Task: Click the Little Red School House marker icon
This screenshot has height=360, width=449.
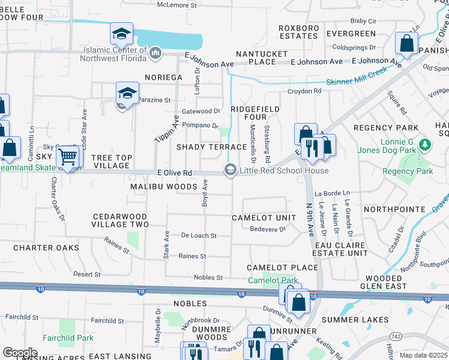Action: pyautogui.click(x=230, y=170)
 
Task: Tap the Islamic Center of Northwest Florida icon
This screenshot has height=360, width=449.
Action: pyautogui.click(x=155, y=53)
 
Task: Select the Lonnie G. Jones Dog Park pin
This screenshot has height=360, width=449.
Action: pyautogui.click(x=426, y=145)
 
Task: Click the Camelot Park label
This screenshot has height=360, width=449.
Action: pyautogui.click(x=273, y=280)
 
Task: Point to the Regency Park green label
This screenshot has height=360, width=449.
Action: pyautogui.click(x=416, y=171)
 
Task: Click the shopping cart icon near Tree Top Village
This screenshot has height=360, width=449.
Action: pyautogui.click(x=68, y=157)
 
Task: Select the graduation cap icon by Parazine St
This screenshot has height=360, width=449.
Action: pyautogui.click(x=127, y=93)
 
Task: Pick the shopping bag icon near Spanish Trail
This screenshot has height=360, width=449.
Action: pyautogui.click(x=407, y=44)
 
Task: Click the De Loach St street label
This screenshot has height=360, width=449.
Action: pyautogui.click(x=198, y=236)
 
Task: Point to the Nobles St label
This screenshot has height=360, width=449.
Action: pyautogui.click(x=208, y=278)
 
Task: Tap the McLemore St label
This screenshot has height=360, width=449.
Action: pyautogui.click(x=177, y=5)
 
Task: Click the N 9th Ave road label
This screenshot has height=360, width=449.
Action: pyautogui.click(x=310, y=218)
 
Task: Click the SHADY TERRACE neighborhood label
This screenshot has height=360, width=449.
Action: pyautogui.click(x=211, y=147)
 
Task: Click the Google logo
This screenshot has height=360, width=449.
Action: pyautogui.click(x=20, y=353)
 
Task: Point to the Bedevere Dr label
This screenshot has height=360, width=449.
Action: pyautogui.click(x=267, y=229)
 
